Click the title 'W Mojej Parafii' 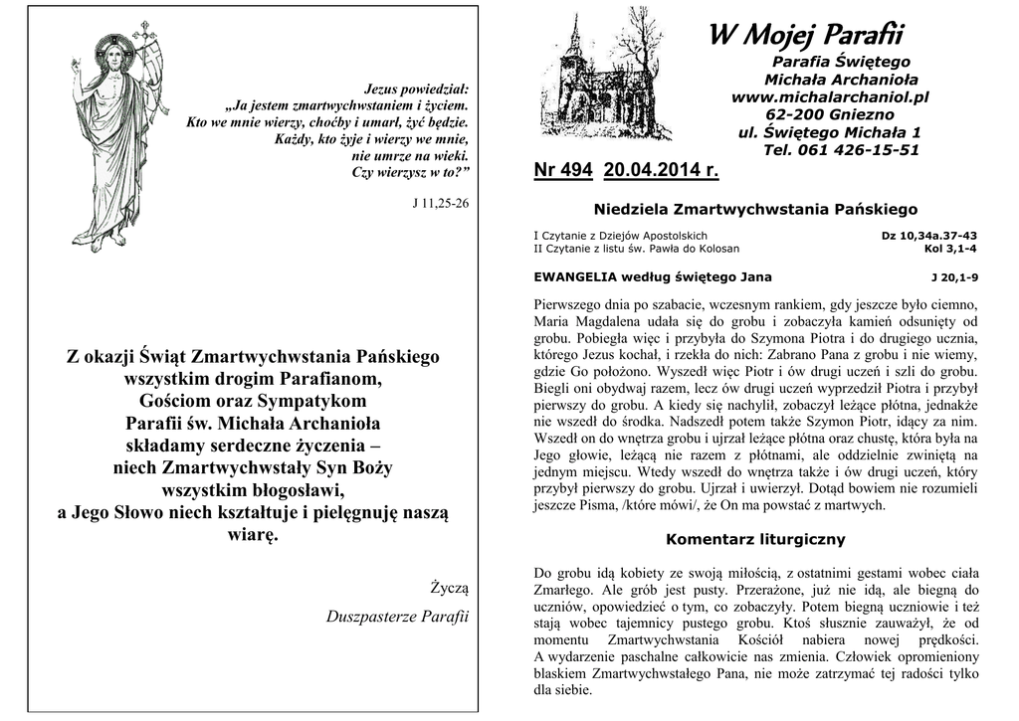(x=804, y=36)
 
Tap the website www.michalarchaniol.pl (x=829, y=97)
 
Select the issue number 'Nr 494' (x=562, y=170)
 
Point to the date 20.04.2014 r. (x=661, y=170)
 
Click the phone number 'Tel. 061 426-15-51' (x=841, y=150)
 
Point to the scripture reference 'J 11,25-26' (x=440, y=203)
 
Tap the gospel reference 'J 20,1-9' (x=954, y=277)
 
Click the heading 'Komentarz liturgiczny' (x=755, y=539)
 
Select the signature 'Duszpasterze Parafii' (x=397, y=617)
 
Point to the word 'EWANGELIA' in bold (x=574, y=277)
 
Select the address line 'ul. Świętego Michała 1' (x=829, y=132)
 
